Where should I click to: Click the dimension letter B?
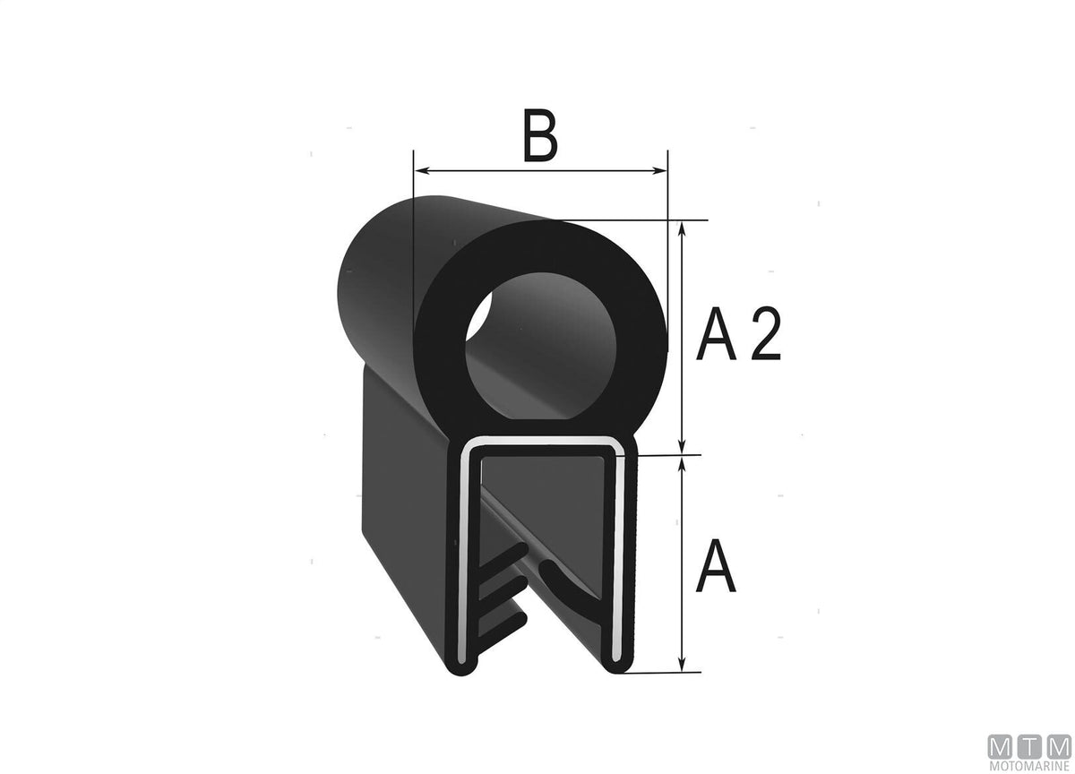coord(540,135)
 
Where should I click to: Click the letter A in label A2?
coord(716,333)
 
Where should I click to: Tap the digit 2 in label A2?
coord(766,333)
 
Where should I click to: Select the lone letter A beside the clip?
coord(716,566)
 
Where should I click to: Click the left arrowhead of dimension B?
coord(422,170)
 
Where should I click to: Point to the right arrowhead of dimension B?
coord(660,170)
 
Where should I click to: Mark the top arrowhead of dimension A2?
coord(683,229)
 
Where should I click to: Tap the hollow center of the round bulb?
coord(541,347)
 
